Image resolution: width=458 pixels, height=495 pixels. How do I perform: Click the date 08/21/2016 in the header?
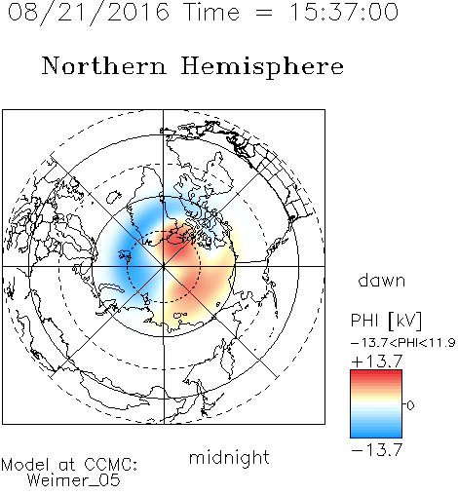tap(88, 13)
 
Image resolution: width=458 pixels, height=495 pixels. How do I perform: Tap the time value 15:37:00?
tap(344, 12)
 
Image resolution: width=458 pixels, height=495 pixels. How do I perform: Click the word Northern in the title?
tap(104, 65)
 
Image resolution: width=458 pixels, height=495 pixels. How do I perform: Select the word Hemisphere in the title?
tap(262, 67)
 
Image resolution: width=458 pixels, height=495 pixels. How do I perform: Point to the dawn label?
tap(382, 281)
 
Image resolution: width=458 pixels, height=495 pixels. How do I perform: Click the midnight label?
tap(229, 458)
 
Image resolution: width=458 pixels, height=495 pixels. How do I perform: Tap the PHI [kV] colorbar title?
tap(386, 321)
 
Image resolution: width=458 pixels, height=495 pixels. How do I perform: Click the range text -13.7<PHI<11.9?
tap(403, 343)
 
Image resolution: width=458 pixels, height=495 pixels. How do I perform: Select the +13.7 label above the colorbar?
tap(377, 361)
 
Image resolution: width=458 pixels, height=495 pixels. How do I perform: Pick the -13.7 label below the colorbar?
tap(377, 450)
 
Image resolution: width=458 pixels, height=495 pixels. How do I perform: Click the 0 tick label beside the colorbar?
tap(410, 405)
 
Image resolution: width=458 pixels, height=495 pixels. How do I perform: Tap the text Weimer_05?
tap(74, 480)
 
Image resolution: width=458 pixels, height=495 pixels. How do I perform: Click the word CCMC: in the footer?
tap(111, 465)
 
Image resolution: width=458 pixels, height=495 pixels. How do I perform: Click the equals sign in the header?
tap(264, 13)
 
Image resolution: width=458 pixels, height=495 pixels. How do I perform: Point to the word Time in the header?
tap(211, 12)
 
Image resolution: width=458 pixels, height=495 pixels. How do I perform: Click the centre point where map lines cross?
tap(164, 266)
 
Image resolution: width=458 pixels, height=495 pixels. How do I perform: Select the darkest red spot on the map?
tap(176, 239)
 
